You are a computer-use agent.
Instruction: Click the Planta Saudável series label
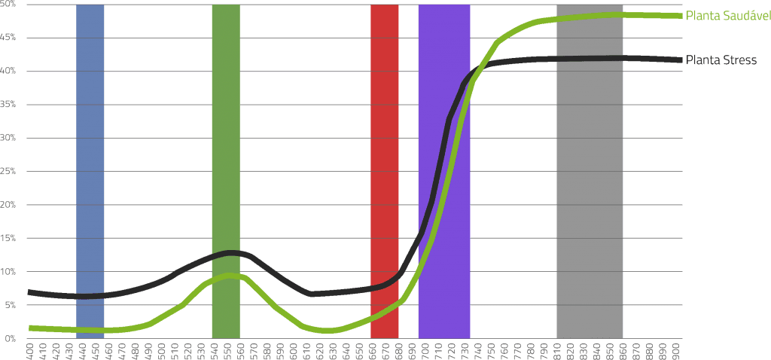pos(727,16)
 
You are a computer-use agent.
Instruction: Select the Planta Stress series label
pos(721,60)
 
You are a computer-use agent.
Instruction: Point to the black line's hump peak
pos(233,252)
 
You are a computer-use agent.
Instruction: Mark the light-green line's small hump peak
pos(233,276)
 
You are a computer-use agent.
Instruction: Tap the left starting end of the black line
pos(29,291)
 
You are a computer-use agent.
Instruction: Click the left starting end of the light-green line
pos(29,328)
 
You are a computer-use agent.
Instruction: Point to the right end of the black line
pos(681,60)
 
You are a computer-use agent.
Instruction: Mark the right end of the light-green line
pos(681,16)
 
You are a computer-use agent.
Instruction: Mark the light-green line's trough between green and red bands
pos(328,330)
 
